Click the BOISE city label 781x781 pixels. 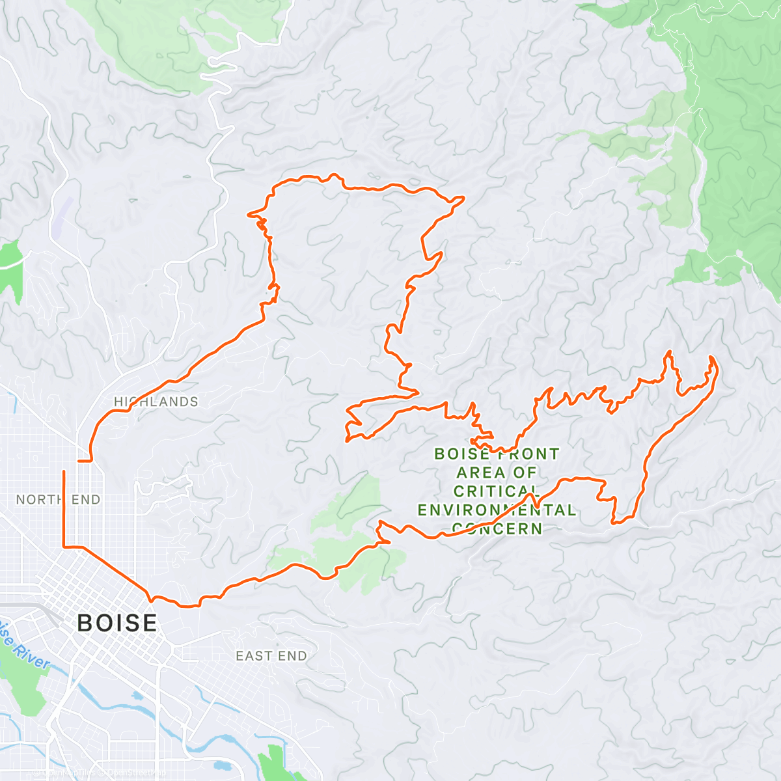pos(117,623)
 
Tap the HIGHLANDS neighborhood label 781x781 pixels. pos(156,402)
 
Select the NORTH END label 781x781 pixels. pos(59,499)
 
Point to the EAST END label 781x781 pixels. pos(271,655)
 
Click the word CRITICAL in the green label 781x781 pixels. pos(496,491)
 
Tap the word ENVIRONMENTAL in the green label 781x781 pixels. pos(497,510)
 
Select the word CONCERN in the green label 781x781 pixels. pos(497,528)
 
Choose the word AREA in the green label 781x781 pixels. pos(474,472)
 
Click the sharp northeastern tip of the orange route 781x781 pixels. pos(463,197)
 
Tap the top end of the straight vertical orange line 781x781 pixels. pos(64,471)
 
